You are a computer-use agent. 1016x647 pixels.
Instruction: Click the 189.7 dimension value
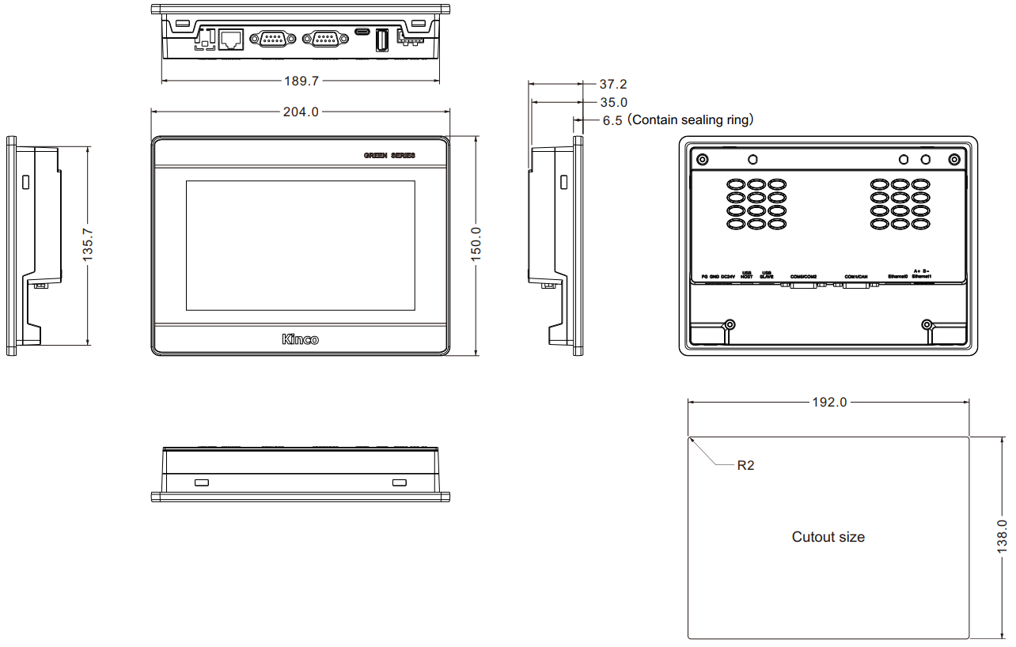tap(301, 81)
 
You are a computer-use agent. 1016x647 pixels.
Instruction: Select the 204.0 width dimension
tap(301, 112)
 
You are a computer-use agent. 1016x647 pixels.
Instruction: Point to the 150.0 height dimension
tap(476, 245)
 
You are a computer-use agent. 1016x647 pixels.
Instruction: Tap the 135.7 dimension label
tap(88, 245)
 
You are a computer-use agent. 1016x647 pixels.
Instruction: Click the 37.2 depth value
tap(613, 84)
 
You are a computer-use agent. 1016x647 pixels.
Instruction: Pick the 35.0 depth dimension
tap(613, 102)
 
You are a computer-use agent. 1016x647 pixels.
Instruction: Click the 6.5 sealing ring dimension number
tap(612, 120)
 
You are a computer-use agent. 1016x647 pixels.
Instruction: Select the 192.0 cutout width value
tap(829, 402)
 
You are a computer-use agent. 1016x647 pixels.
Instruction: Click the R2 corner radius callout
tap(745, 465)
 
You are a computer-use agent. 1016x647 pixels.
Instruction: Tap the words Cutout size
tap(828, 537)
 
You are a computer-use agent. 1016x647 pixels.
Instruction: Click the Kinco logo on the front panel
tap(301, 339)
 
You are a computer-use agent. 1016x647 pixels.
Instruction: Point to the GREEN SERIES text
tap(389, 156)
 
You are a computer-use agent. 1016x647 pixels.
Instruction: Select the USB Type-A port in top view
tap(381, 40)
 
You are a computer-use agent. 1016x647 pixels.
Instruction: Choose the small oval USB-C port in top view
tap(362, 32)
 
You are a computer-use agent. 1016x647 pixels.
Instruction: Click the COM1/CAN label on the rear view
tap(856, 276)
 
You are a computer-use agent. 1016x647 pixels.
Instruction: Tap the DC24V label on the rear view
tap(729, 276)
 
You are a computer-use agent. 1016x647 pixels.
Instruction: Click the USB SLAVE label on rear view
tap(767, 274)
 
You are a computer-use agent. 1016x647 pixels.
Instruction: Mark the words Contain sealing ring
tap(691, 120)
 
